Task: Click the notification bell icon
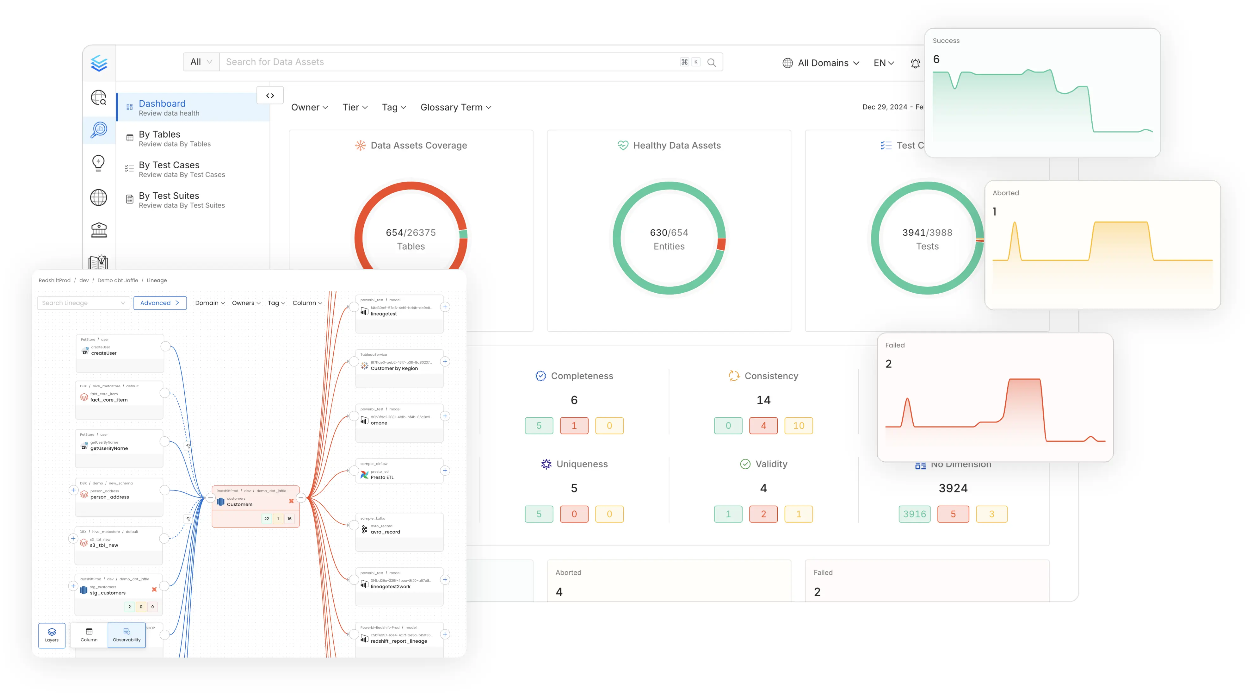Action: (x=915, y=63)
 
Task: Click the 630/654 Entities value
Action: (x=669, y=233)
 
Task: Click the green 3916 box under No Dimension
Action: (x=914, y=514)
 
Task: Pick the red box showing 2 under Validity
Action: (x=763, y=514)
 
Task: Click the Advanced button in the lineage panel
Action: (x=159, y=303)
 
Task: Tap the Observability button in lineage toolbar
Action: (x=127, y=635)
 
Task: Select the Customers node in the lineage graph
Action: (x=240, y=504)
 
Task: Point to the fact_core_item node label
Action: (x=109, y=400)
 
